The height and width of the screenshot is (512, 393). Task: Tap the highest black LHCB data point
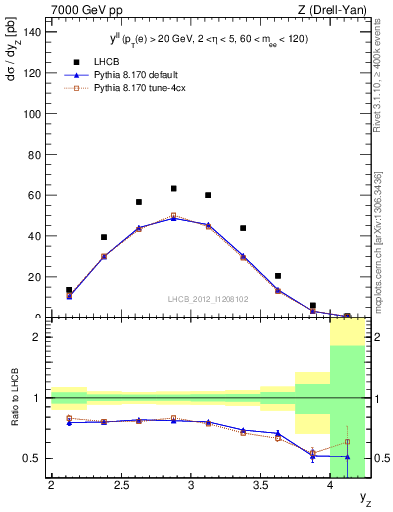[x=173, y=188]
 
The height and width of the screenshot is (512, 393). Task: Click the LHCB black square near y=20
[x=278, y=276]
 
